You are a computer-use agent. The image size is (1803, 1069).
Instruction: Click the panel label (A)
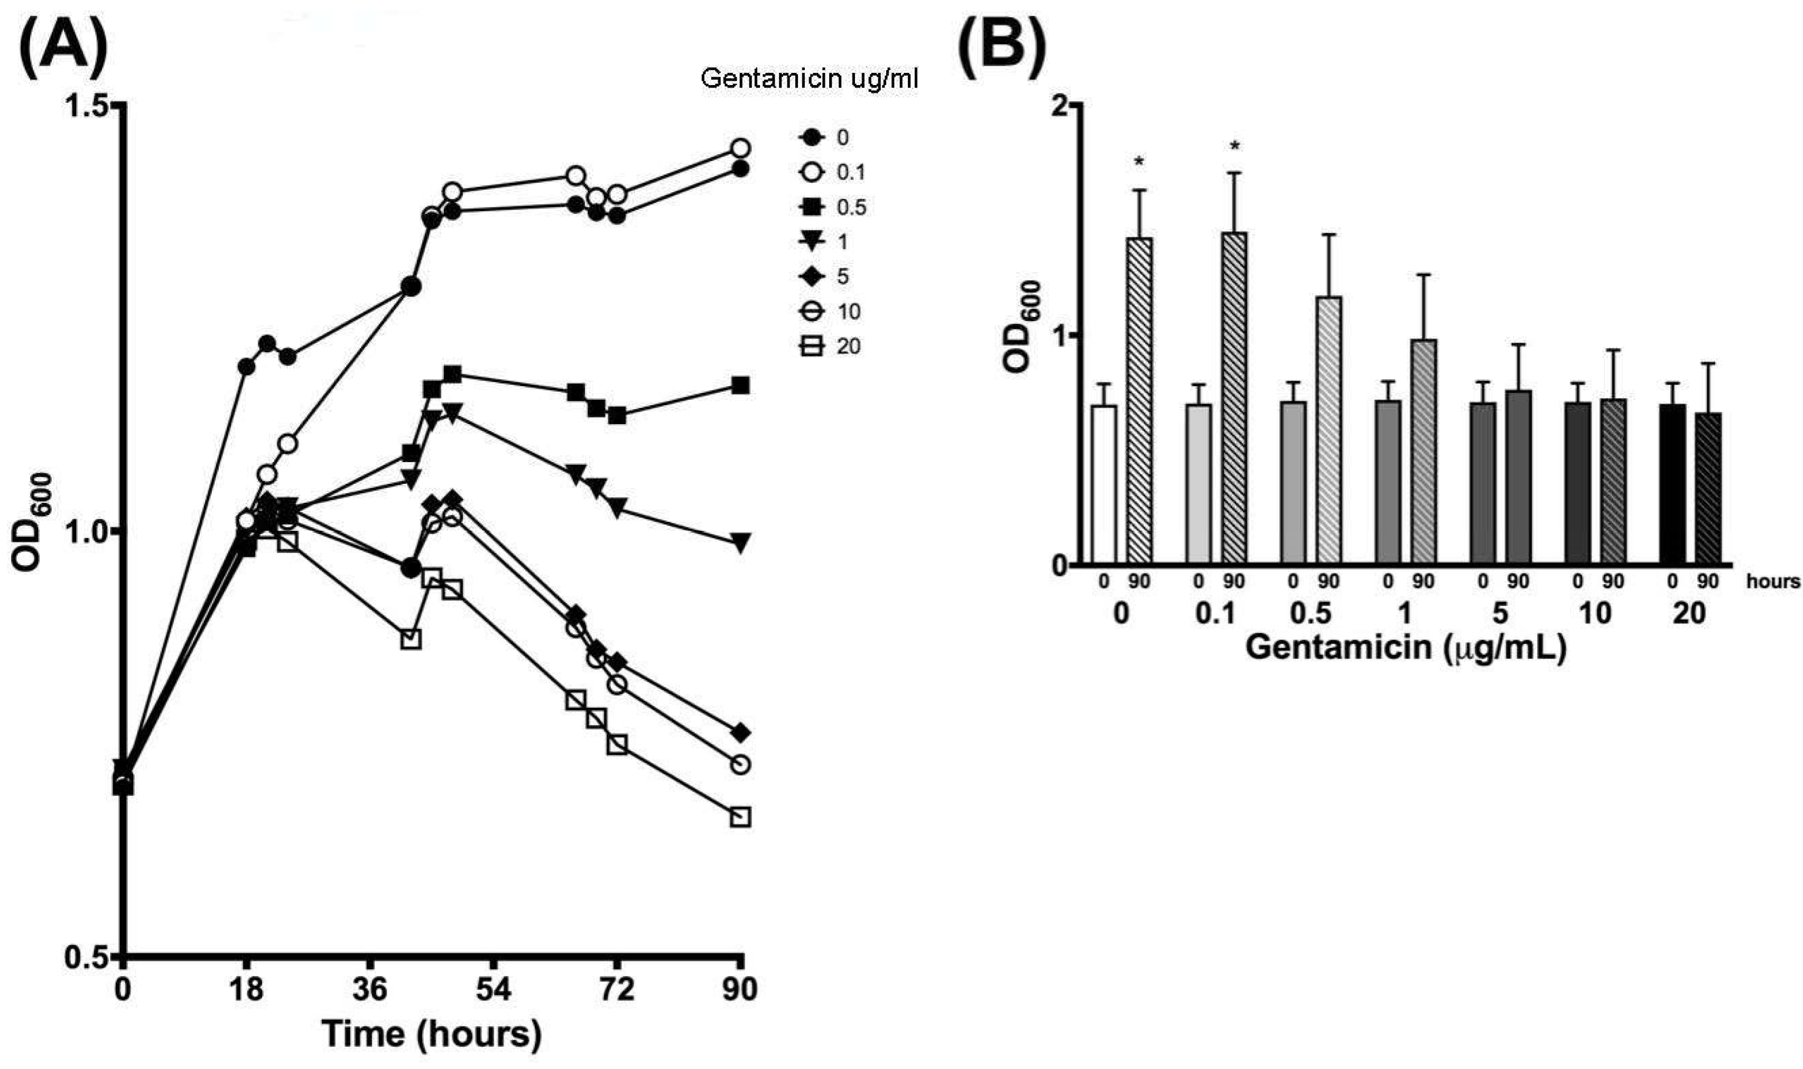click(x=63, y=47)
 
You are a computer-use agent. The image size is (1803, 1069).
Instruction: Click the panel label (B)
click(x=1002, y=47)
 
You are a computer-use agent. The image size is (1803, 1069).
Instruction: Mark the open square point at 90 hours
click(x=740, y=817)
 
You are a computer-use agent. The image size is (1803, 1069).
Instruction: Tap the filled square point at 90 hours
click(x=740, y=386)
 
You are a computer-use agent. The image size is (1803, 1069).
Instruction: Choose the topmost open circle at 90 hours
click(x=740, y=148)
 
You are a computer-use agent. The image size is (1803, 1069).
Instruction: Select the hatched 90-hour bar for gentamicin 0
click(x=1139, y=401)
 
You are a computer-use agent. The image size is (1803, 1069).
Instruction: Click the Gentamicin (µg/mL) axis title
click(x=1405, y=647)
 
